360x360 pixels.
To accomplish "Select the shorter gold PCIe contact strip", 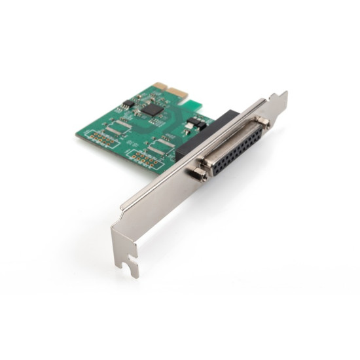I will click(x=160, y=86).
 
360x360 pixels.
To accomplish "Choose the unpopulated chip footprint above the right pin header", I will click(x=159, y=145).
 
